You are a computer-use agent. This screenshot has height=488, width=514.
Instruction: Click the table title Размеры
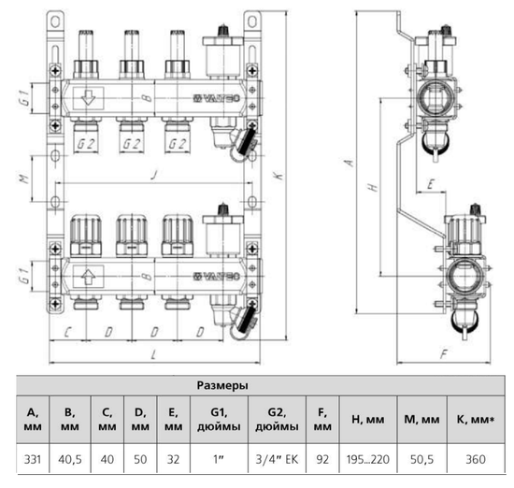point(221,384)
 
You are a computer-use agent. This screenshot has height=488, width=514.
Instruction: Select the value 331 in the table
point(32,460)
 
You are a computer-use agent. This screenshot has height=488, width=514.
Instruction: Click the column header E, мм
point(173,420)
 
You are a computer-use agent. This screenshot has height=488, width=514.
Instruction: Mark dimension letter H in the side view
point(373,187)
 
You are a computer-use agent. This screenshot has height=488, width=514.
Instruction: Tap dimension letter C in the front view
point(67,332)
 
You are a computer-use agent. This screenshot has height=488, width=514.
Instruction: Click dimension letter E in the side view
point(428,184)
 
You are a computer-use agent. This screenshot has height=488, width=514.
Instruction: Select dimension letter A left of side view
point(348,162)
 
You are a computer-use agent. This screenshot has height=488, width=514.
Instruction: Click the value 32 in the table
point(173,460)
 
